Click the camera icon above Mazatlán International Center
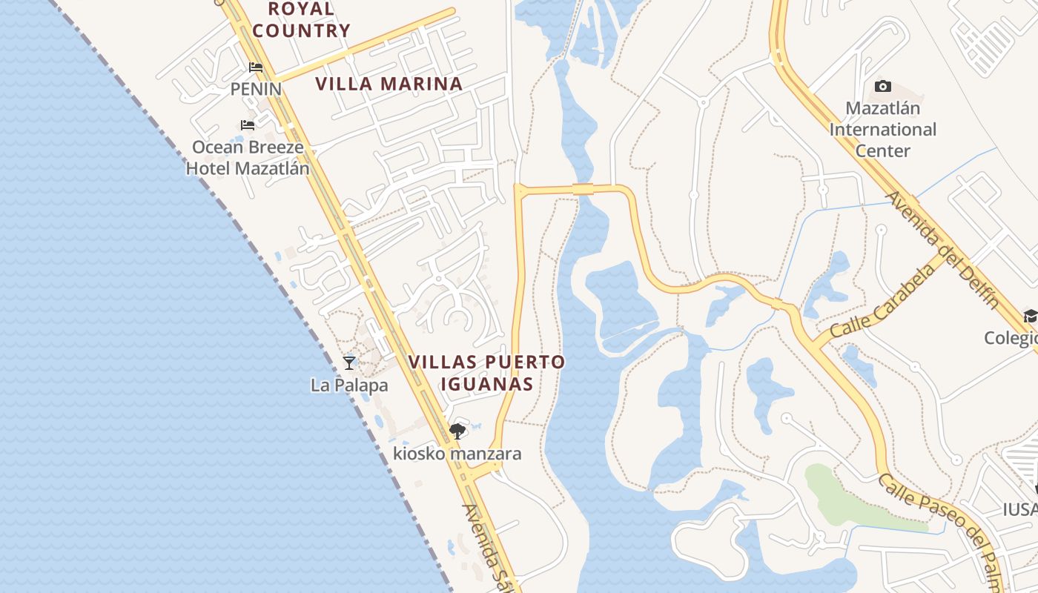coord(882,87)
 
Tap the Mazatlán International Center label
coord(883,130)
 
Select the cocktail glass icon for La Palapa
coord(349,362)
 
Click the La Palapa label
coord(349,385)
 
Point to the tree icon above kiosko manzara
coord(457,431)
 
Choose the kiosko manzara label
coord(457,454)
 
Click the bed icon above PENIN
coord(256,67)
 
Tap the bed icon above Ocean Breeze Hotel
coord(248,125)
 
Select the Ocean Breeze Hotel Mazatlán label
coord(248,157)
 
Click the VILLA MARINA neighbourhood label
coord(389,84)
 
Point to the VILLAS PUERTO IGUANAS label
coord(486,373)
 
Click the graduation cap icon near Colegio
coord(1030,317)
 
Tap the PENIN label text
coord(256,89)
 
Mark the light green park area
coord(853,500)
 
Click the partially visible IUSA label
coord(1021,509)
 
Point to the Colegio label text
coord(1012,338)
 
